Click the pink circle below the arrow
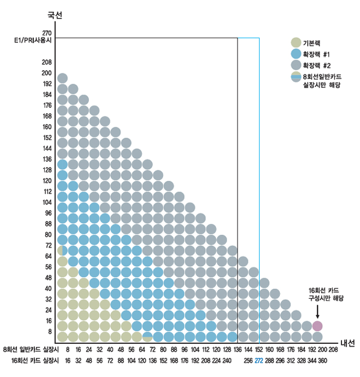(317, 326)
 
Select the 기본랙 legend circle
(296, 42)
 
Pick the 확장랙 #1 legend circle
(296, 53)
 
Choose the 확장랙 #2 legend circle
(296, 65)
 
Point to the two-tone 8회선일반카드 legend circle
(296, 77)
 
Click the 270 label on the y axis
(48, 34)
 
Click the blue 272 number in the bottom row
(258, 360)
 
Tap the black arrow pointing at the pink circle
(317, 311)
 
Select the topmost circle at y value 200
(63, 78)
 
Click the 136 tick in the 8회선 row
(237, 350)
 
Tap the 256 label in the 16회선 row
(248, 360)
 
